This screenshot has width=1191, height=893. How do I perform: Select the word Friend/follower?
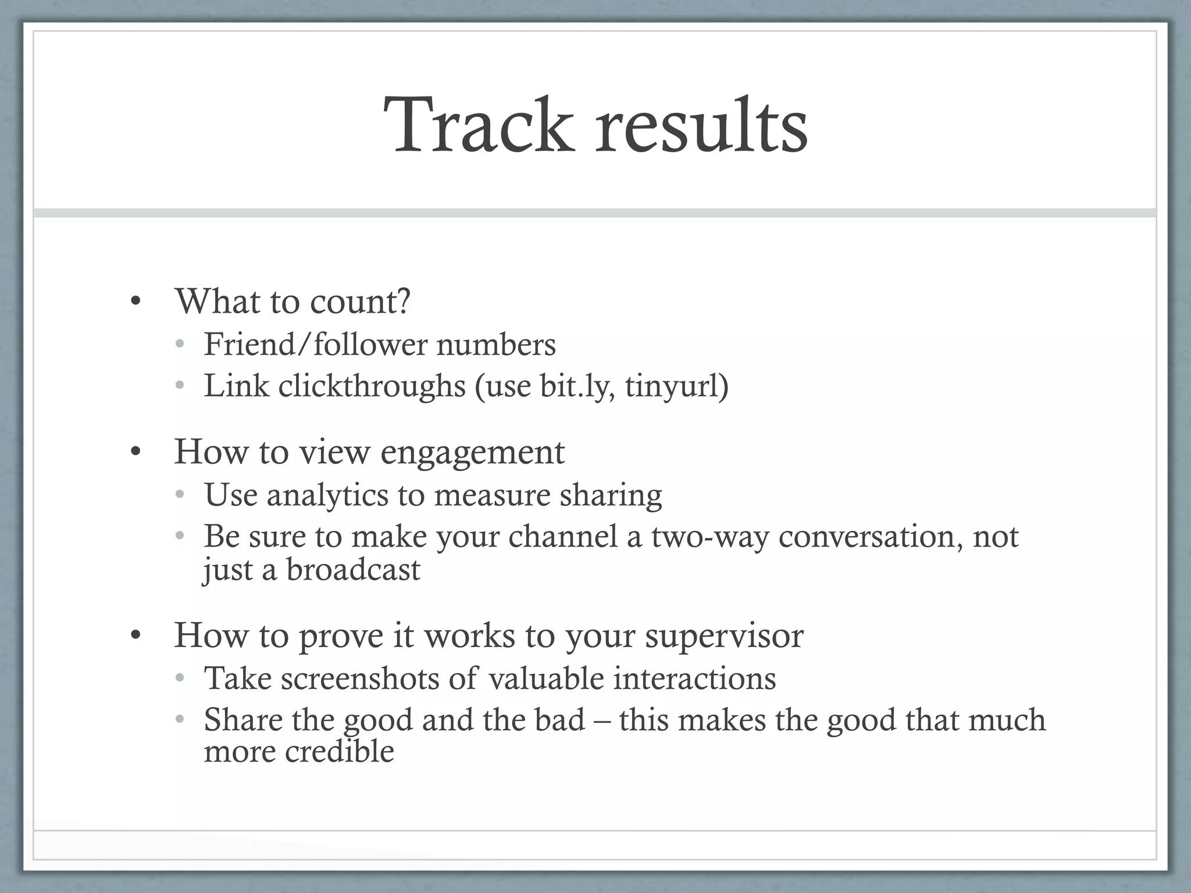click(315, 344)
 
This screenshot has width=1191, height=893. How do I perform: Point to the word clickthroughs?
click(372, 386)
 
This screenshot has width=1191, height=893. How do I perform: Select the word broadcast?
click(353, 570)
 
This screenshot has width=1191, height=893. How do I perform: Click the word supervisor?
click(724, 636)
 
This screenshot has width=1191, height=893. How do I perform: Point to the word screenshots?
click(360, 678)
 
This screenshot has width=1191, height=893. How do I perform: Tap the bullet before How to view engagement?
click(135, 452)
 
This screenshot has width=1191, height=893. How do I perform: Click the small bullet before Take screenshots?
click(180, 678)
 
